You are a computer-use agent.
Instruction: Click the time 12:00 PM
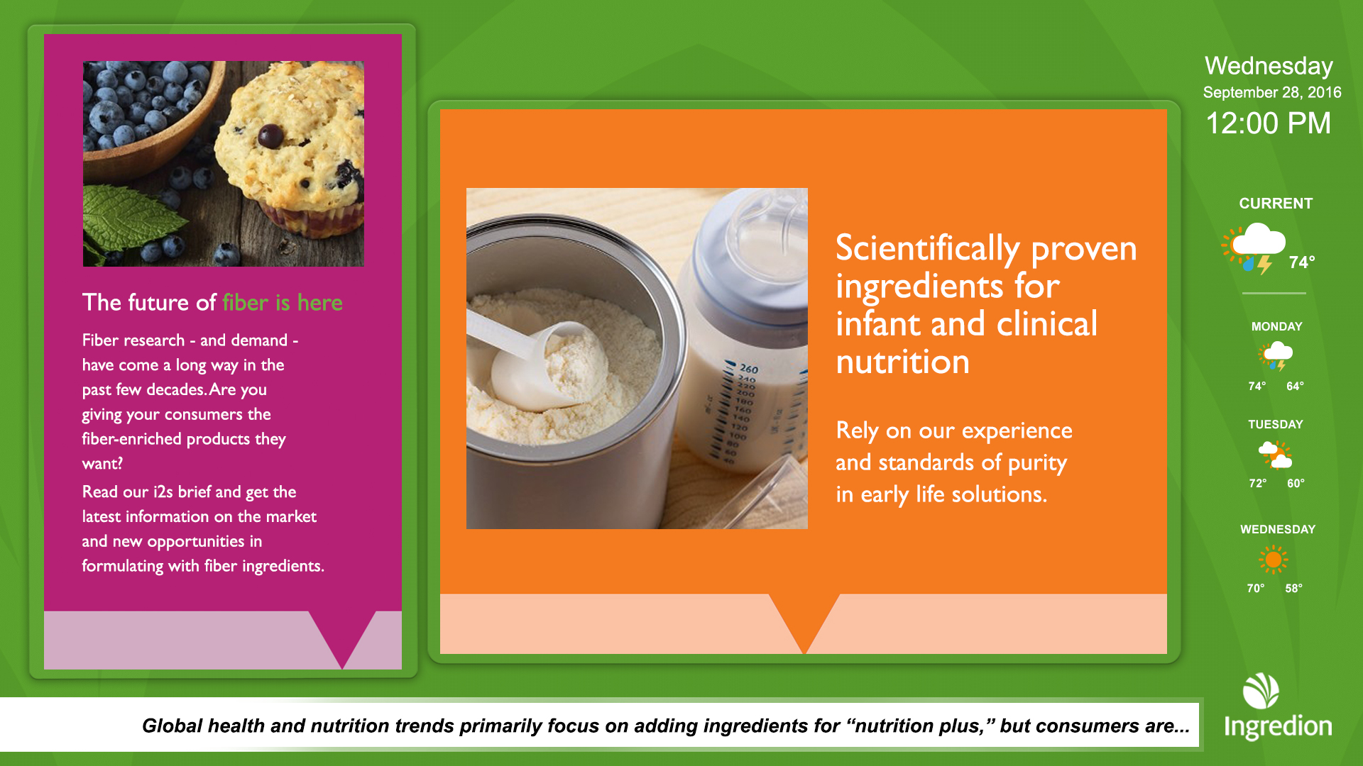pyautogui.click(x=1269, y=123)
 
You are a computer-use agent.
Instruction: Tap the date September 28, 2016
pyautogui.click(x=1272, y=92)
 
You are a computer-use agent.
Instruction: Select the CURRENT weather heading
pyautogui.click(x=1276, y=204)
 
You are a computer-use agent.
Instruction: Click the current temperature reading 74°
pyautogui.click(x=1302, y=262)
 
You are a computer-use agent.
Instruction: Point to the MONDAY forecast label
pyautogui.click(x=1276, y=327)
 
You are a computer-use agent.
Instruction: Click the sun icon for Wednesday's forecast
pyautogui.click(x=1274, y=560)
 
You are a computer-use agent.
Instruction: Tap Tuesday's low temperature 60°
pyautogui.click(x=1296, y=484)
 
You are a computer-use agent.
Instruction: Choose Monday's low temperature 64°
pyautogui.click(x=1295, y=387)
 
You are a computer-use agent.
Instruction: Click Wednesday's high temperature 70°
pyautogui.click(x=1256, y=589)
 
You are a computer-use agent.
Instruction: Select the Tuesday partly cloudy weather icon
pyautogui.click(x=1275, y=455)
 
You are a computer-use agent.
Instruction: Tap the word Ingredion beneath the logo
pyautogui.click(x=1278, y=727)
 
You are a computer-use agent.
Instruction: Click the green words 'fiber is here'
pyautogui.click(x=283, y=303)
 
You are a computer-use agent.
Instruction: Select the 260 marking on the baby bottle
pyautogui.click(x=749, y=369)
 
